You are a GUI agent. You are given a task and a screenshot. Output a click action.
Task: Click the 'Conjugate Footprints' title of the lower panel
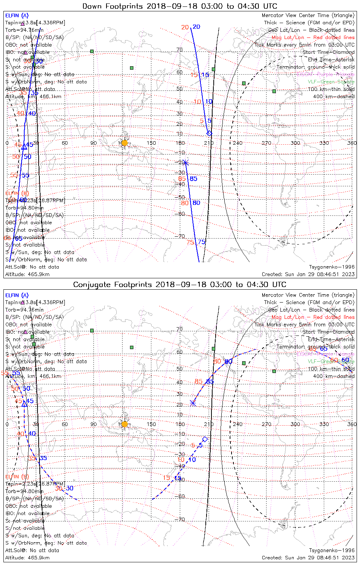[104, 284]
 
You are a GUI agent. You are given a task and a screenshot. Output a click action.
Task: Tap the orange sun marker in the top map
[125, 143]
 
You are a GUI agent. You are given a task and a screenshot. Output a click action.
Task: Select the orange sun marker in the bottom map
[125, 424]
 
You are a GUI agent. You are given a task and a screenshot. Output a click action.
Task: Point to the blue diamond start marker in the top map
[209, 133]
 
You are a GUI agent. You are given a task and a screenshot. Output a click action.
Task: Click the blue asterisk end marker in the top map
[185, 163]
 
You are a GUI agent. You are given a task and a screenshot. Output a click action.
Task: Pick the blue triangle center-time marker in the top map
[24, 147]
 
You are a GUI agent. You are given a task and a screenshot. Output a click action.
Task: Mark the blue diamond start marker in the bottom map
[205, 439]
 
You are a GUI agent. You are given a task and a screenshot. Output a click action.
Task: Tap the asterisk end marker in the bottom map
[193, 403]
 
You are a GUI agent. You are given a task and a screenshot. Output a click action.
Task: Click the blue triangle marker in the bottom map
[24, 404]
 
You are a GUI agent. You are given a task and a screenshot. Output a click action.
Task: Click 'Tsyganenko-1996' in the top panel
[332, 267]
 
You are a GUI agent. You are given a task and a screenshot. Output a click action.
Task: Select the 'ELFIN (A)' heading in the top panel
[17, 16]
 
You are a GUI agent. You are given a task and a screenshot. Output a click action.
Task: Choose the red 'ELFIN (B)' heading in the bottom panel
[17, 476]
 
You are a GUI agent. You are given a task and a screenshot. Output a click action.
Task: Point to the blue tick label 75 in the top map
[202, 242]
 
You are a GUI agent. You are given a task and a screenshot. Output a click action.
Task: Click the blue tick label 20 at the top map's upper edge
[196, 27]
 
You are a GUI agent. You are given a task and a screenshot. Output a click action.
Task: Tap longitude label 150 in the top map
[151, 143]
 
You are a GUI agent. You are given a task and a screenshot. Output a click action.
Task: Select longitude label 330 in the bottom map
[324, 424]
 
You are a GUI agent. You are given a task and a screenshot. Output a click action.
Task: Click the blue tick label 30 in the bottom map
[70, 488]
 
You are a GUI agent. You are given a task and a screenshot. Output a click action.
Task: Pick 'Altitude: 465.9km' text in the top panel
[27, 274]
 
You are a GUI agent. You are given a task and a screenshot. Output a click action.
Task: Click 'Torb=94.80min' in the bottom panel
[24, 491]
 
